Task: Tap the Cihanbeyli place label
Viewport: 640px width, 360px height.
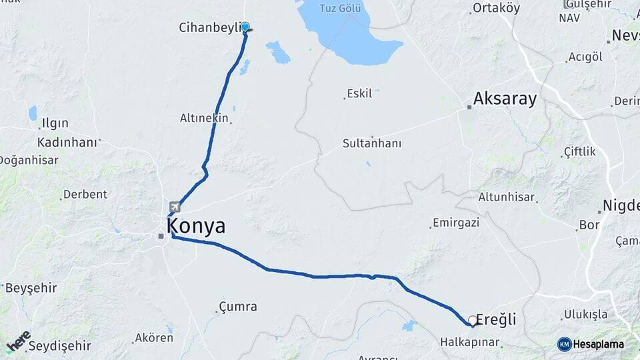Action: (209, 27)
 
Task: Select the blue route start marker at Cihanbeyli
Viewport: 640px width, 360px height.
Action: (245, 27)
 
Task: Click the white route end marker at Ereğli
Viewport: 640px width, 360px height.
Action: (473, 321)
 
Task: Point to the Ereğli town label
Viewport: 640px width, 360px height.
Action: (497, 320)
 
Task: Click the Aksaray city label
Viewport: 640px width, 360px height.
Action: (505, 99)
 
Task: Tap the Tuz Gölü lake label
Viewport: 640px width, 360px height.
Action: (340, 9)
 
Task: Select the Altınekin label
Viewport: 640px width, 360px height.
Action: (204, 118)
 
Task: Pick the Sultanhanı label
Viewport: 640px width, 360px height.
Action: (372, 143)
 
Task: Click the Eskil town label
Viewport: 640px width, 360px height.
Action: (359, 93)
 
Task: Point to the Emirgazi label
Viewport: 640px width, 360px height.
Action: (456, 223)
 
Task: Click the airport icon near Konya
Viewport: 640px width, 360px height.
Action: (175, 207)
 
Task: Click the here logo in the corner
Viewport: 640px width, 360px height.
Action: (18, 341)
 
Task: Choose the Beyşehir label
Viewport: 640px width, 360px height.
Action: (31, 288)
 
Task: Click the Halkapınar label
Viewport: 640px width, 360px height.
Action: (470, 342)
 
